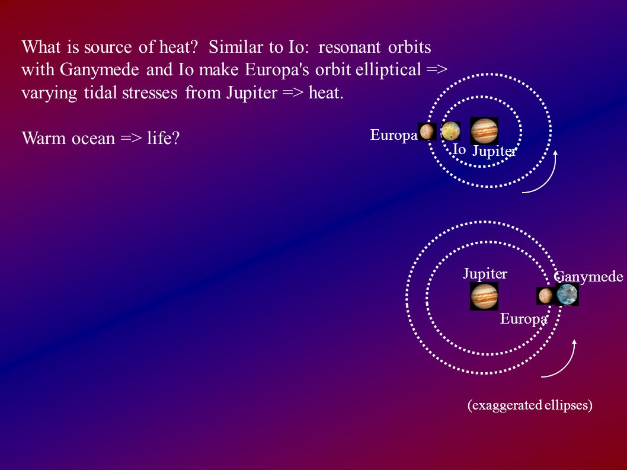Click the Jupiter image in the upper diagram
[484, 131]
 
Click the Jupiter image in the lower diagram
[484, 296]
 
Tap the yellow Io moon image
[450, 131]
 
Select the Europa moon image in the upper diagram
[427, 131]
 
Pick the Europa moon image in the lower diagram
[545, 296]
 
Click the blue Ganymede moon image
[567, 295]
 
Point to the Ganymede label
[588, 277]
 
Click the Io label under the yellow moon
[459, 149]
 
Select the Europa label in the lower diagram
[524, 319]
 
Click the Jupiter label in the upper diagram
[494, 152]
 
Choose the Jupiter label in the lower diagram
[485, 274]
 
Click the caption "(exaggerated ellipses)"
[530, 405]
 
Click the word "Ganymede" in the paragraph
[99, 71]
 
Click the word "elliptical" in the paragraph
[388, 71]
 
